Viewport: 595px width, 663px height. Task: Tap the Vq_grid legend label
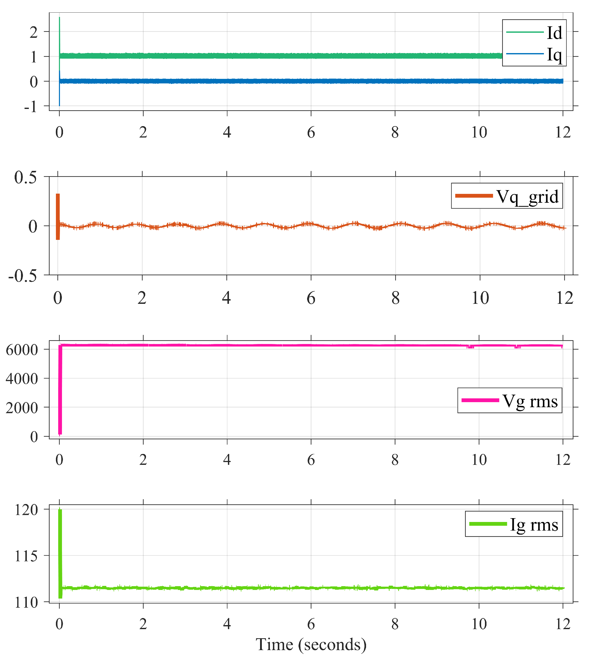point(527,197)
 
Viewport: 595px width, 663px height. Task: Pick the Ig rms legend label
point(534,524)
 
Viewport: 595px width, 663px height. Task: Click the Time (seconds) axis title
point(311,645)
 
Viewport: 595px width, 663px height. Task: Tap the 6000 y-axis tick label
point(22,350)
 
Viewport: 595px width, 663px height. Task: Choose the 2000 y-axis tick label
point(22,408)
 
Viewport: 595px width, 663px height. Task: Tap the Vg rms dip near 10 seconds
point(470,347)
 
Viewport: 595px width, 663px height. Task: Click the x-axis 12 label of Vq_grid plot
point(565,298)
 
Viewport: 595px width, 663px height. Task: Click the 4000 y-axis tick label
point(22,379)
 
